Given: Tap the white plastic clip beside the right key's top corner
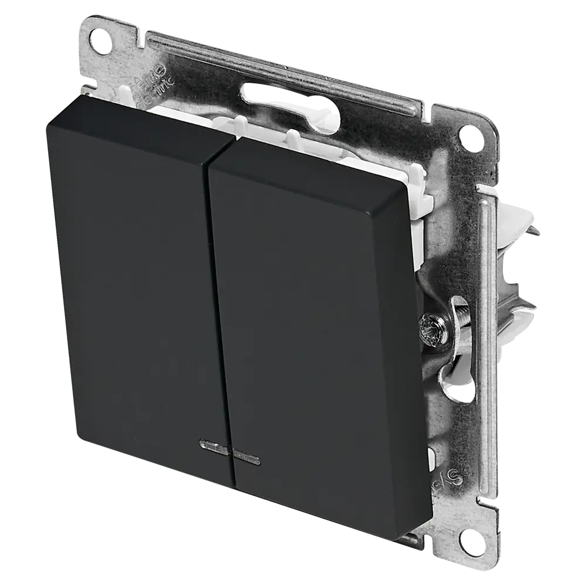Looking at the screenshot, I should click(413, 176).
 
